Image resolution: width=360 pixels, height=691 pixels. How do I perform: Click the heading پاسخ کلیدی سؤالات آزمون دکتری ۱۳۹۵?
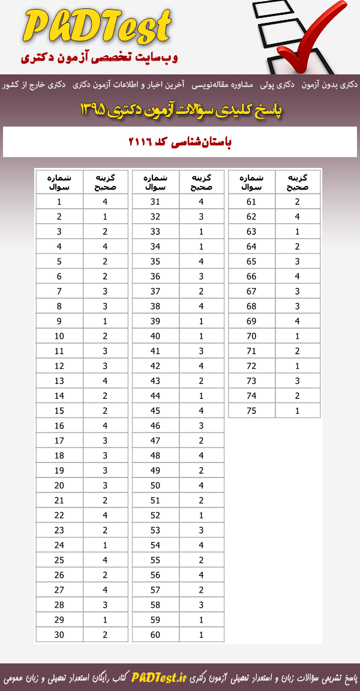coord(180,110)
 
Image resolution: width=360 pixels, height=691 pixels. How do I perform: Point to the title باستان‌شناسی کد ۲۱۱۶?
coord(180,142)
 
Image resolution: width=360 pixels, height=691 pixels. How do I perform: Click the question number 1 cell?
coord(59,202)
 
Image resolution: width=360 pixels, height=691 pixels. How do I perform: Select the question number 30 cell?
coord(59,634)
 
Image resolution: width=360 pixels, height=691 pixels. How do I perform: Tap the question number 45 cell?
coord(155,410)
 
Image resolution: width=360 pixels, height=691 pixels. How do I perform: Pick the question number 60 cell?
coord(155,634)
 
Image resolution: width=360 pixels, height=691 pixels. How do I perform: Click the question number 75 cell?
coord(251,410)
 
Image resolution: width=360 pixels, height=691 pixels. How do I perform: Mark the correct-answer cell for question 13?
coord(105,380)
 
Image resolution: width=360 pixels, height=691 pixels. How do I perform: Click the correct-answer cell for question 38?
coord(201,306)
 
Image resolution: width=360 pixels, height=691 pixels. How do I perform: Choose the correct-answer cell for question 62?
coord(298,217)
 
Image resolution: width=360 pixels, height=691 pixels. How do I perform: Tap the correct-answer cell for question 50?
coord(201,485)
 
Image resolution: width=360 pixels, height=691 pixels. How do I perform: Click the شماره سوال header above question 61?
coord(251,182)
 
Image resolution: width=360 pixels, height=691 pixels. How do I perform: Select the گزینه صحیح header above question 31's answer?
coord(201,182)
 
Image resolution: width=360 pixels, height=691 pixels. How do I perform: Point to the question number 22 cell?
coord(59,515)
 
